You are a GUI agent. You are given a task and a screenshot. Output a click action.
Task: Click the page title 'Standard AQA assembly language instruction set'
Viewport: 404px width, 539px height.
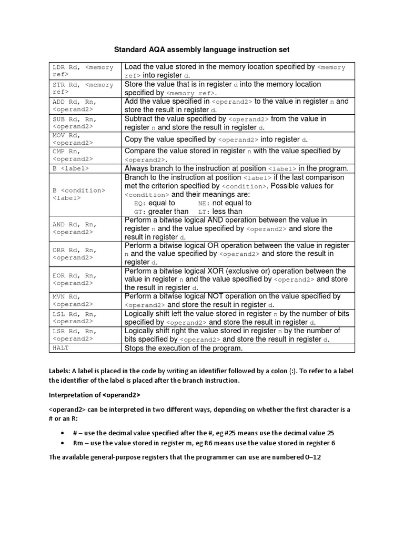pyautogui.click(x=202, y=49)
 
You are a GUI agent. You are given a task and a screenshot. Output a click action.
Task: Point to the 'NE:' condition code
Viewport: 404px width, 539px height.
pyautogui.click(x=203, y=203)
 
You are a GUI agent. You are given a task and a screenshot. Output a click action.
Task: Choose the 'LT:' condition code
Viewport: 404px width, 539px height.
pyautogui.click(x=203, y=212)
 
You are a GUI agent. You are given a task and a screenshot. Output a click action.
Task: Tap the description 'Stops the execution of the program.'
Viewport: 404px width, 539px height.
pyautogui.click(x=184, y=348)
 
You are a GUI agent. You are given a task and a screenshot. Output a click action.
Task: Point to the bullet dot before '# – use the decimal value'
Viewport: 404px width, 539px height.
pyautogui.click(x=62, y=433)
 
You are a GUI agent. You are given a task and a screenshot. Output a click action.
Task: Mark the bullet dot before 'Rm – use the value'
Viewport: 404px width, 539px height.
pyautogui.click(x=62, y=443)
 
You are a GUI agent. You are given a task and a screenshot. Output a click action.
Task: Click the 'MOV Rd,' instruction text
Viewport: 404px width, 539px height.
pyautogui.click(x=65, y=136)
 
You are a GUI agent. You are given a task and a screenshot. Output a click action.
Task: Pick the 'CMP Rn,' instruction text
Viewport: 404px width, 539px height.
pyautogui.click(x=65, y=152)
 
